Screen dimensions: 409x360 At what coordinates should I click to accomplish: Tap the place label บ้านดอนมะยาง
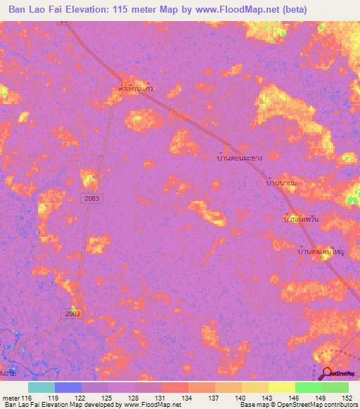pyautogui.click(x=240, y=158)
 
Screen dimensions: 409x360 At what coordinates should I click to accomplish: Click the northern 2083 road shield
pyautogui.click(x=91, y=199)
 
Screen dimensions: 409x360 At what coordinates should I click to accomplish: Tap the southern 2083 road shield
pyautogui.click(x=72, y=313)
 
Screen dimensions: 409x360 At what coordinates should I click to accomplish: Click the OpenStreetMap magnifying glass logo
pyautogui.click(x=327, y=373)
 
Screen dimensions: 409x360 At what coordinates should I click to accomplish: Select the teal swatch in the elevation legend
pyautogui.click(x=41, y=387)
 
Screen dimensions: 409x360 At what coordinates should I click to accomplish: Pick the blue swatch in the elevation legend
pyautogui.click(x=68, y=387)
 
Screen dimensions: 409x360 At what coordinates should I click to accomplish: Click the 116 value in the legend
pyautogui.click(x=27, y=398)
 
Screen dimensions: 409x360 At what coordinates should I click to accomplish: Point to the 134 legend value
pyautogui.click(x=188, y=398)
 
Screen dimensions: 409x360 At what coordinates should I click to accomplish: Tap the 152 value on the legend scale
pyautogui.click(x=348, y=398)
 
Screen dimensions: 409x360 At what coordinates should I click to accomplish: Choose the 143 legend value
pyautogui.click(x=268, y=398)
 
